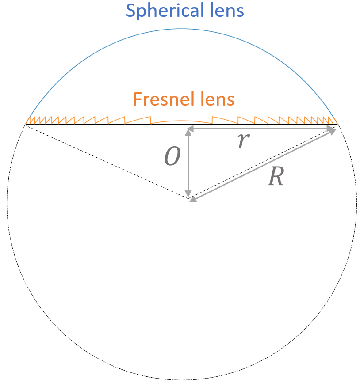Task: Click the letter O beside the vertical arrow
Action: pyautogui.click(x=172, y=157)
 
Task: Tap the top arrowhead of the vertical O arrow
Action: pyautogui.click(x=189, y=130)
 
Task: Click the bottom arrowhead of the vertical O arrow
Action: pyautogui.click(x=189, y=195)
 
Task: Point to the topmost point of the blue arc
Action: pyautogui.click(x=181, y=29)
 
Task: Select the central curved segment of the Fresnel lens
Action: pyautogui.click(x=181, y=121)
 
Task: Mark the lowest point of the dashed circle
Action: pyautogui.click(x=181, y=379)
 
